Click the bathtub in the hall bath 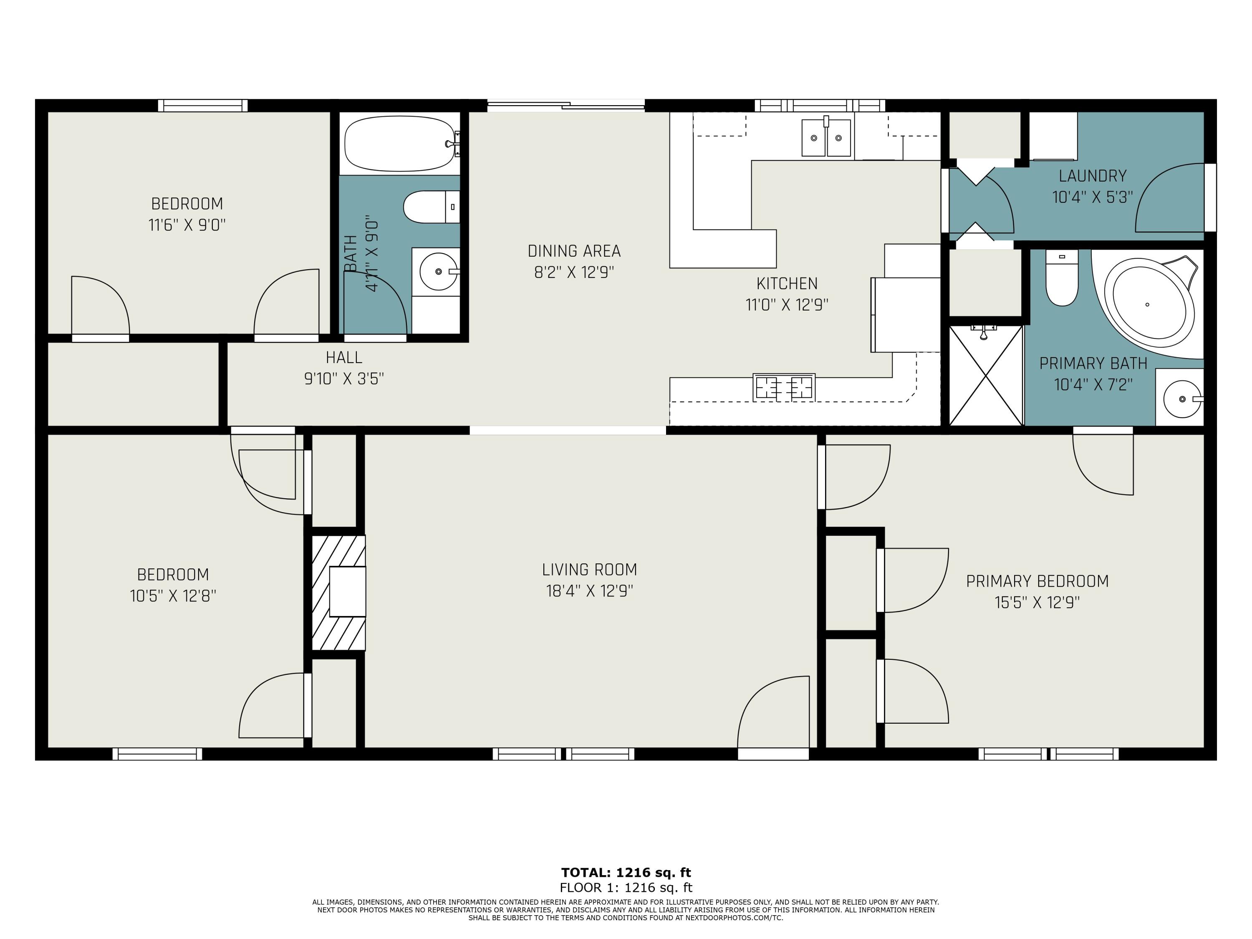(x=400, y=143)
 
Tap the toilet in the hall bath (x=430, y=207)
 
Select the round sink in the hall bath (x=438, y=272)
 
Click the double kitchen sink (x=826, y=138)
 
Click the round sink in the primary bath (x=1182, y=399)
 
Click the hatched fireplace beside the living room (x=338, y=593)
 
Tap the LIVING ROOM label (x=589, y=569)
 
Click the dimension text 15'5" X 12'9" (x=1037, y=603)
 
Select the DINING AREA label (x=574, y=251)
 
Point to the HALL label (x=343, y=357)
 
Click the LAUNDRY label (x=1093, y=176)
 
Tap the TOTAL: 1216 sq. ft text (x=626, y=872)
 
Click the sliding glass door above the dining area (x=566, y=105)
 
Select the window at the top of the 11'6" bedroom (x=203, y=105)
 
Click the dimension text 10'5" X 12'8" (x=173, y=596)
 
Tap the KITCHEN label (x=787, y=283)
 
